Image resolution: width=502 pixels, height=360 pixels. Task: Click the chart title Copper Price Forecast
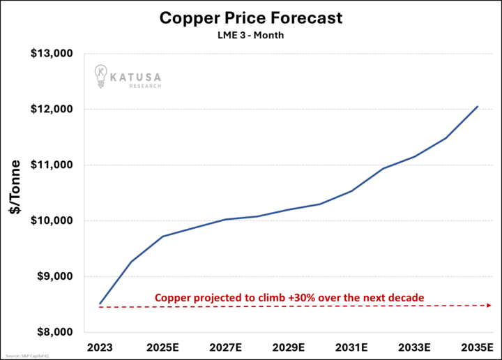[250, 17]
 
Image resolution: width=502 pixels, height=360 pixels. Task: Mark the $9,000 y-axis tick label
[55, 276]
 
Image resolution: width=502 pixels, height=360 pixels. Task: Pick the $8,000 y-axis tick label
[55, 332]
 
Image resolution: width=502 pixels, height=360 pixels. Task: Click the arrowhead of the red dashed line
[489, 306]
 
